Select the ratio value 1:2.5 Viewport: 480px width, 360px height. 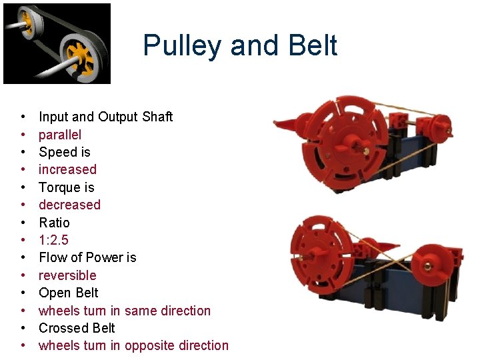click(x=53, y=240)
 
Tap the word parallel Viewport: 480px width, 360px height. click(x=60, y=135)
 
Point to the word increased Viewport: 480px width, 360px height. click(x=67, y=170)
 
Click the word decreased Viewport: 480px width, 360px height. click(x=69, y=205)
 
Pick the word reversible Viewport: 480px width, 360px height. click(x=67, y=275)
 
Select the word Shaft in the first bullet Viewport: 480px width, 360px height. click(x=157, y=117)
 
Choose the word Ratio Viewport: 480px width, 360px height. click(x=54, y=223)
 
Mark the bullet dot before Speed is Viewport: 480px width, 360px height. click(x=23, y=153)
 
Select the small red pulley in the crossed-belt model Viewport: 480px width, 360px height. click(x=428, y=262)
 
